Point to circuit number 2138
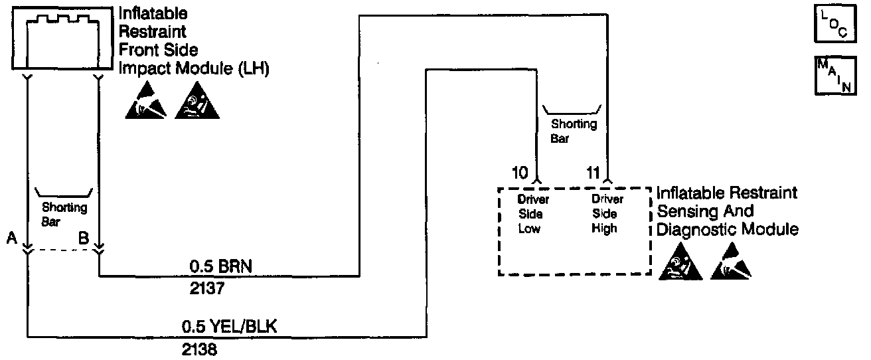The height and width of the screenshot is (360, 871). click(200, 348)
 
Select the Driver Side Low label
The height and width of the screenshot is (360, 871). click(533, 214)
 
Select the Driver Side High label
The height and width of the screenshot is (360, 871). click(604, 214)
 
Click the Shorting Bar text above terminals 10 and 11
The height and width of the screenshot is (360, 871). click(574, 130)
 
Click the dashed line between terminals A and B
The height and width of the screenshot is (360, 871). click(63, 250)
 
